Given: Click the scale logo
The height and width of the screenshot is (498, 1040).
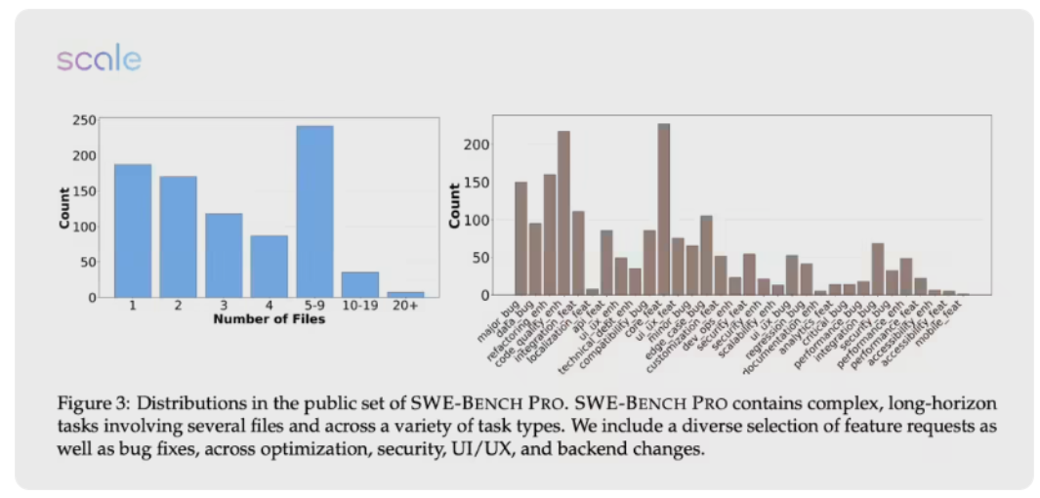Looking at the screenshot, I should [99, 60].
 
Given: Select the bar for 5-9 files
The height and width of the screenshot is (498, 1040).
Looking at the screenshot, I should [314, 211].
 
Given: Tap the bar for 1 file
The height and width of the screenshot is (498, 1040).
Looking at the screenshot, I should [133, 230].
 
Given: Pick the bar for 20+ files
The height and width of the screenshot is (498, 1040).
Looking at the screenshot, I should [404, 293].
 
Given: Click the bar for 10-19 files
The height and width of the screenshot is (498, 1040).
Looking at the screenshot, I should [359, 284].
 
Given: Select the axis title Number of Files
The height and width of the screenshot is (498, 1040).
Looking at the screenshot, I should [269, 319].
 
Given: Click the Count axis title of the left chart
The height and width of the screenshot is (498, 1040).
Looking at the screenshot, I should [64, 208].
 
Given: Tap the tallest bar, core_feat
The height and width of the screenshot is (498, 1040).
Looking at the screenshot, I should [664, 209].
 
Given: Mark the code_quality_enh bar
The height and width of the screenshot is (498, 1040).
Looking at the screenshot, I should [563, 213].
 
